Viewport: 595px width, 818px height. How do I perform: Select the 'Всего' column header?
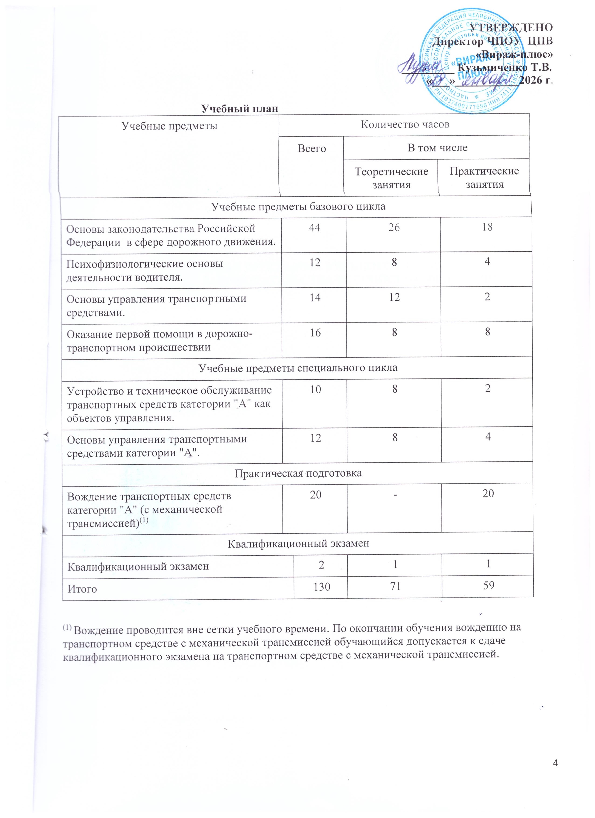[x=311, y=149]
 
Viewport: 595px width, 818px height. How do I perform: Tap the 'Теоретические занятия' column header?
[x=391, y=178]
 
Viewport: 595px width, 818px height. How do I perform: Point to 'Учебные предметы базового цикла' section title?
[x=298, y=207]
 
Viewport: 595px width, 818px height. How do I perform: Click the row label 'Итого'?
[x=82, y=589]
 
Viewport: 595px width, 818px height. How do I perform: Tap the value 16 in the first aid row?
[x=315, y=332]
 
